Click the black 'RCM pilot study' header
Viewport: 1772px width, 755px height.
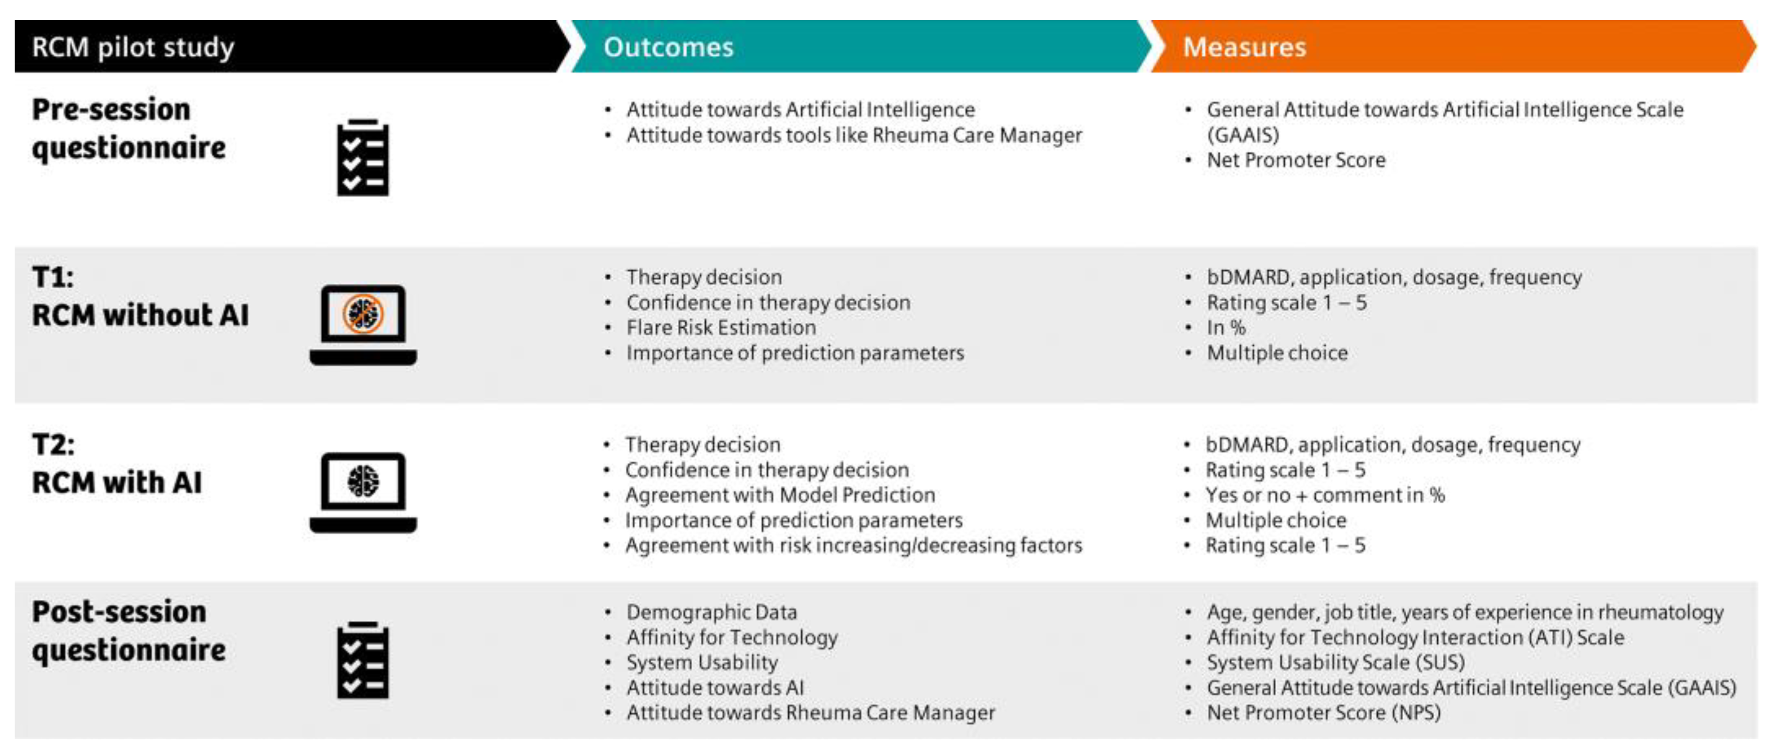pos(133,47)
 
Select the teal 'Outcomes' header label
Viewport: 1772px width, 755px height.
pos(668,47)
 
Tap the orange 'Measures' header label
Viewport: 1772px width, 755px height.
pos(1243,47)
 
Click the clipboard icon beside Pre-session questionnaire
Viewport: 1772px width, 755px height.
pos(362,157)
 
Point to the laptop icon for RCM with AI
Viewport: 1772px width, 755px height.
pos(362,492)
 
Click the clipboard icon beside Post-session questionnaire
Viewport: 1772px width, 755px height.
pos(362,660)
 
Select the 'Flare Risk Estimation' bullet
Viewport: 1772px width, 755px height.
pos(720,327)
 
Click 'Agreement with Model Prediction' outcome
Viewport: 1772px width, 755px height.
pos(780,495)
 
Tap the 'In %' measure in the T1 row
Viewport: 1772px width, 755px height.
pos(1226,327)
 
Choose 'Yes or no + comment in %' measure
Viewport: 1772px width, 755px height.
pos(1324,495)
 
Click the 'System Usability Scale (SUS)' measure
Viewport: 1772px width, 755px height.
pos(1335,662)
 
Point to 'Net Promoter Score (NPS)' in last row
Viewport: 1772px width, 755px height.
pos(1323,712)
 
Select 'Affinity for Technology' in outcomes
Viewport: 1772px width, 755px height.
pos(731,637)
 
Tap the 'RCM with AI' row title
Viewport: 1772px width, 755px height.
pos(117,482)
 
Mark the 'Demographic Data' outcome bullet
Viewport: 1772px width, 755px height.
pos(711,612)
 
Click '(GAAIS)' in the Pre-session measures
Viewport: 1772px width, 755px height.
pos(1242,135)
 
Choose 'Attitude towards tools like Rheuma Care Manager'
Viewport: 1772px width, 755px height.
pos(853,135)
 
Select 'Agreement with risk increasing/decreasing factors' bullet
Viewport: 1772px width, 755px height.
pos(853,545)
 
